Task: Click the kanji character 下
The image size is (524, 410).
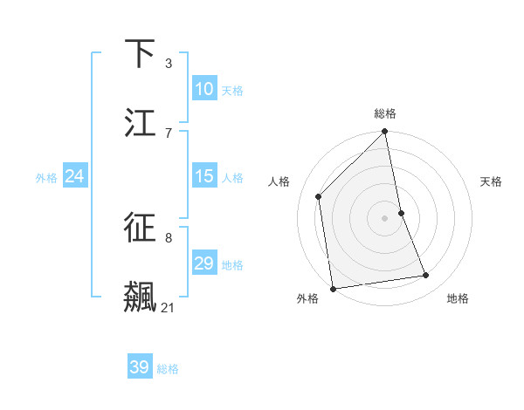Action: coord(141,54)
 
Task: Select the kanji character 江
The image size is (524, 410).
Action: coord(141,123)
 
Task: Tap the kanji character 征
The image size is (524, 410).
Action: coord(141,228)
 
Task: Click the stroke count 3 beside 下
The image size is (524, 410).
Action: coord(169,63)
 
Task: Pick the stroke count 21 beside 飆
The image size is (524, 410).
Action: coord(169,307)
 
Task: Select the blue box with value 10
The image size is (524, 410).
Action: coord(204,89)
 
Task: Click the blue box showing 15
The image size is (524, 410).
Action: coord(204,176)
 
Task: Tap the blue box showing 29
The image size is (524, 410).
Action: coord(204,263)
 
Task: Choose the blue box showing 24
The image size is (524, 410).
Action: coord(75,176)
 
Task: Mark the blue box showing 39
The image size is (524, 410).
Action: coord(140,367)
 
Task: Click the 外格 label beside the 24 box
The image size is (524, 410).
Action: coord(46,178)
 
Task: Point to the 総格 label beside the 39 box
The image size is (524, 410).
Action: coord(169,369)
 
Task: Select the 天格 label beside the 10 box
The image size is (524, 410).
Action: coord(232,91)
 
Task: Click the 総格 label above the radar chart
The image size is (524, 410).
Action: coord(385,113)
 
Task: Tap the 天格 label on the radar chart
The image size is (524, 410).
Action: coord(491,181)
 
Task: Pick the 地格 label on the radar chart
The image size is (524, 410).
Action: coord(458,298)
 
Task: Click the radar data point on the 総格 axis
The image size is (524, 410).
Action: coord(385,133)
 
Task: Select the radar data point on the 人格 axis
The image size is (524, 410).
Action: coord(319,196)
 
